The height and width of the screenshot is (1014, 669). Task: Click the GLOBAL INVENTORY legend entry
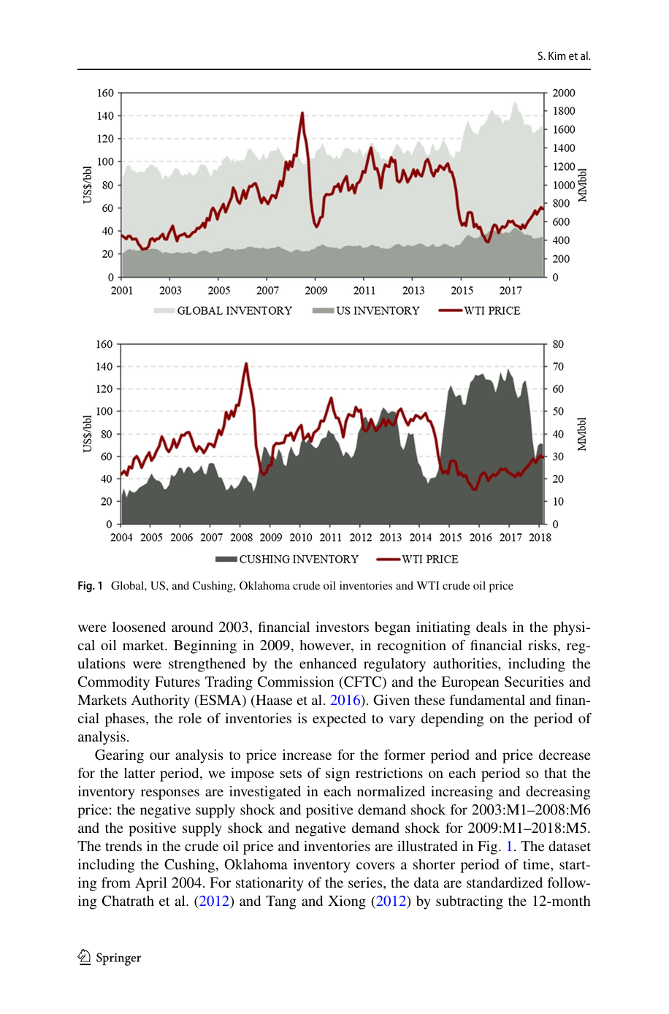[x=223, y=310]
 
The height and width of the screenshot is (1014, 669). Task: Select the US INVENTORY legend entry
[x=366, y=310]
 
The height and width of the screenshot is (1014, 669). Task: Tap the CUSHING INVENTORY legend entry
[x=287, y=559]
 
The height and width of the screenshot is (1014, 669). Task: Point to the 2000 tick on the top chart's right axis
[x=564, y=93]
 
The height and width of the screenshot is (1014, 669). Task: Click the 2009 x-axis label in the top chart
[x=316, y=290]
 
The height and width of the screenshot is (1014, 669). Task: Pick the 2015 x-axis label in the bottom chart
[x=451, y=538]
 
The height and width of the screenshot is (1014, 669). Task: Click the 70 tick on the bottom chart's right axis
[x=558, y=366]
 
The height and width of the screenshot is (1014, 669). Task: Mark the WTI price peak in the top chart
[x=302, y=113]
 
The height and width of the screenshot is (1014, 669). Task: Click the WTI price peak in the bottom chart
[x=246, y=364]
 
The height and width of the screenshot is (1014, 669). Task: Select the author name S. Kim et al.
[x=564, y=56]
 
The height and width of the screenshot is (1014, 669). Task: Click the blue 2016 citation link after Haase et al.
[x=345, y=700]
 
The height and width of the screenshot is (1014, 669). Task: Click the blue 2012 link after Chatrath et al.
[x=214, y=901]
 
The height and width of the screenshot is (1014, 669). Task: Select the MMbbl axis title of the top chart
[x=582, y=185]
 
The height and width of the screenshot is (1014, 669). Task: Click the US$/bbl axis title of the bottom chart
[x=88, y=434]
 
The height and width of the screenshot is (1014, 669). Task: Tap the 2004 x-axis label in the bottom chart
[x=121, y=538]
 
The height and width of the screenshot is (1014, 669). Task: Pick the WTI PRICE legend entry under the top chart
[x=480, y=310]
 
